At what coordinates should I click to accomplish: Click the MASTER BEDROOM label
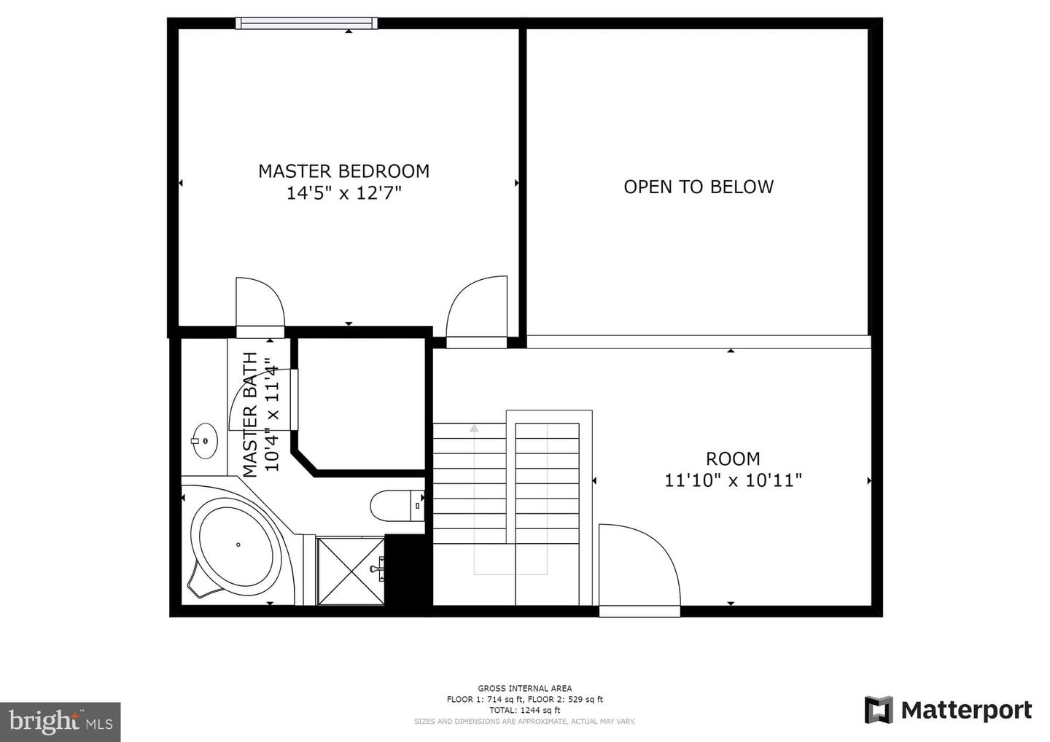click(343, 171)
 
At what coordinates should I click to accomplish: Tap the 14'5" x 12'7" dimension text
click(343, 193)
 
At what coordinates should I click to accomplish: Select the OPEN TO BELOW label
click(698, 187)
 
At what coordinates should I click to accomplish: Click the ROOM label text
click(733, 458)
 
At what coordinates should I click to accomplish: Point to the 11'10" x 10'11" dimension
click(733, 480)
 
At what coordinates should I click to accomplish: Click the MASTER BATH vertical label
click(250, 414)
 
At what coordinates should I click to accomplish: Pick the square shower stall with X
click(351, 571)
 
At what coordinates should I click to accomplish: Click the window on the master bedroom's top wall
click(306, 23)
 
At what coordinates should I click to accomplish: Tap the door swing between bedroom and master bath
click(259, 305)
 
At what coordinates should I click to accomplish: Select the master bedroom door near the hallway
click(478, 308)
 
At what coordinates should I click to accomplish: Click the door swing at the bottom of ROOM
click(639, 569)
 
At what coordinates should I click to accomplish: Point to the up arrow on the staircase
click(474, 429)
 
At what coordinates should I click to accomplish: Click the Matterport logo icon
click(878, 710)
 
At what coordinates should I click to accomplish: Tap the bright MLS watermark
click(60, 722)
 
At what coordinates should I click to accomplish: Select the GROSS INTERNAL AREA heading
click(524, 688)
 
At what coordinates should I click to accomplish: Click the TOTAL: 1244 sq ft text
click(524, 710)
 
